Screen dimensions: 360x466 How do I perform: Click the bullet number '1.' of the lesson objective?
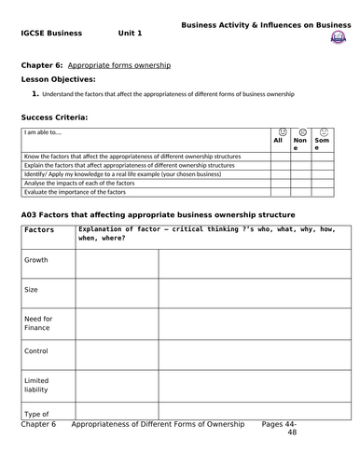35,94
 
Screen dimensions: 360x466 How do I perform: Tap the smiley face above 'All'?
282,131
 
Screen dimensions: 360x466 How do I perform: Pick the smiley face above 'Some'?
323,131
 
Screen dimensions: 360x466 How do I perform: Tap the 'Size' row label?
32,290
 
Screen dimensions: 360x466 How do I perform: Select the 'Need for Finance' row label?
36,323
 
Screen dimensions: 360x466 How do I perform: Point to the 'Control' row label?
36,352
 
